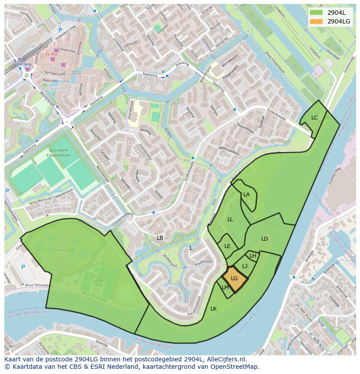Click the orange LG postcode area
(x=234, y=278)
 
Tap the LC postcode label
(x=314, y=118)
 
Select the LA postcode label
(x=247, y=195)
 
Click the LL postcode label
(x=230, y=219)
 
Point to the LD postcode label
(x=264, y=239)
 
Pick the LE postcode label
(x=227, y=246)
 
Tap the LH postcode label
(x=253, y=256)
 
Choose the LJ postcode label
(x=245, y=266)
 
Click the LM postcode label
(x=225, y=288)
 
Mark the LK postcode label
(x=213, y=309)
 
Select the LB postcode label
(x=160, y=238)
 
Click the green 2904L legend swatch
(x=316, y=13)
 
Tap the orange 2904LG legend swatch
(x=316, y=21)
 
